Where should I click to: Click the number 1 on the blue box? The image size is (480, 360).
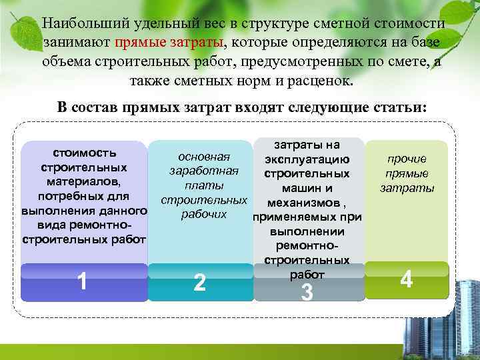pyautogui.click(x=81, y=281)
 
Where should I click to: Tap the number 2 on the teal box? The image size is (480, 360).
pyautogui.click(x=199, y=283)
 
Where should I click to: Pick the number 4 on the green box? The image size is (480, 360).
pyautogui.click(x=406, y=279)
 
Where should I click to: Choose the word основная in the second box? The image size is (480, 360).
pyautogui.click(x=204, y=157)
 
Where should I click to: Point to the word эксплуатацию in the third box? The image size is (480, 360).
pyautogui.click(x=307, y=159)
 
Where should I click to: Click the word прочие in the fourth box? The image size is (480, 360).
pyautogui.click(x=407, y=159)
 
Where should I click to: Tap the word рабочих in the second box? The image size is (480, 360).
pyautogui.click(x=204, y=215)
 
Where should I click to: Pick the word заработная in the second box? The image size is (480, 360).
pyautogui.click(x=204, y=171)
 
